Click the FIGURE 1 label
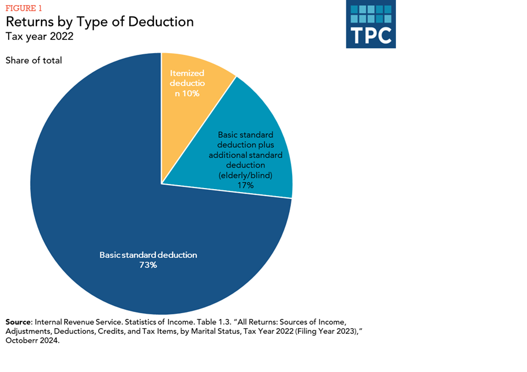24,8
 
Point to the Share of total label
33,60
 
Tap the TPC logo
371,25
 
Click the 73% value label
148,265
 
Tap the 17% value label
245,185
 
